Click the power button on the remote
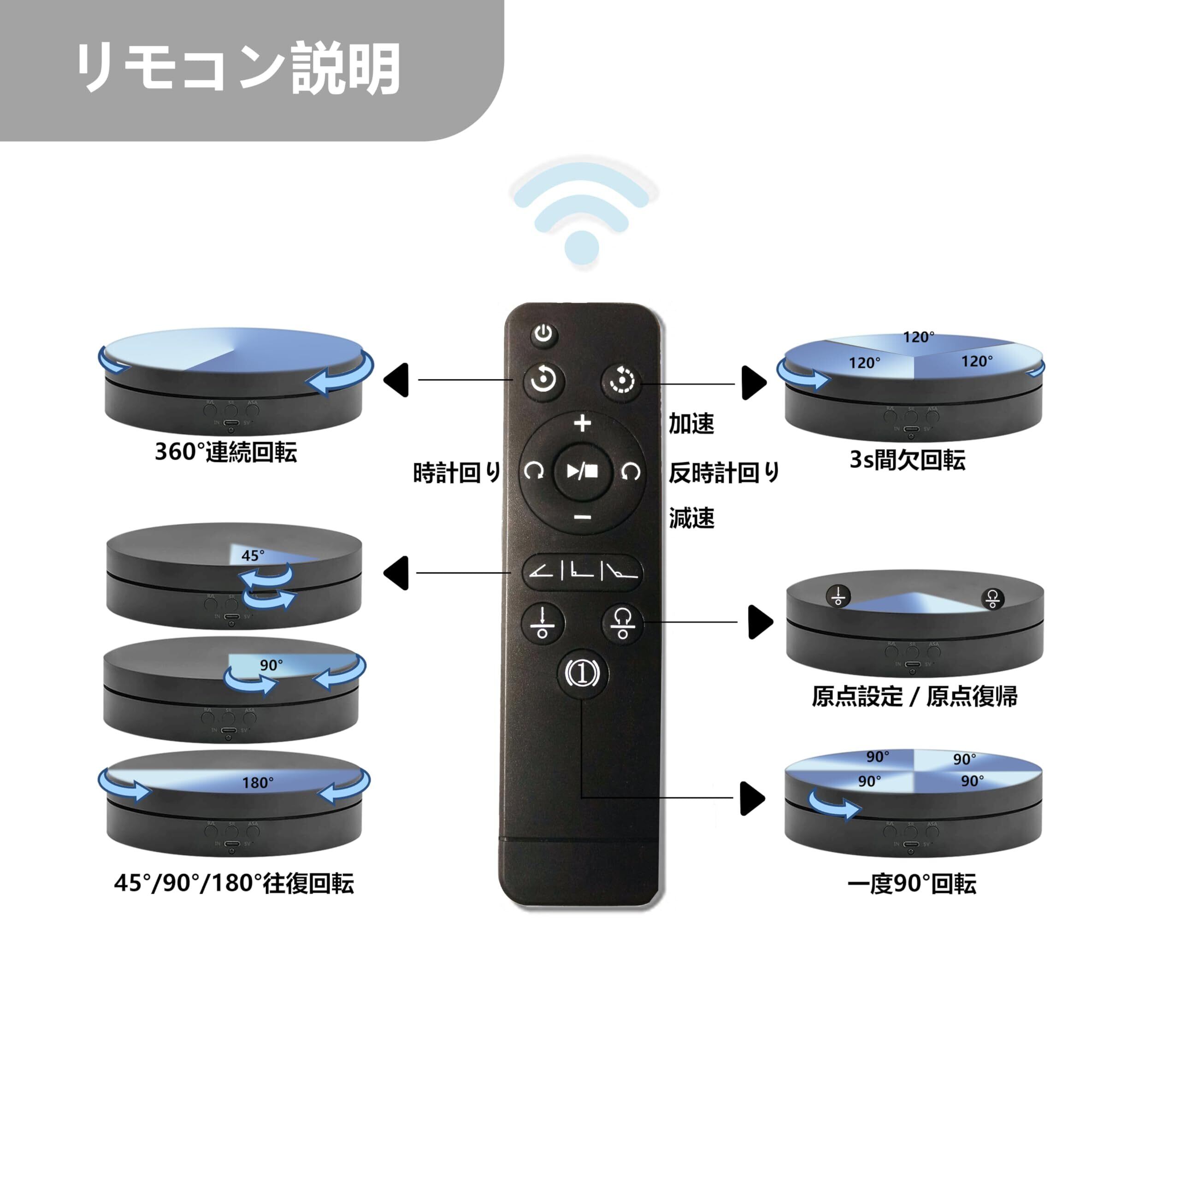coord(543,334)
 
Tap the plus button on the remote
coord(583,423)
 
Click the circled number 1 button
coord(583,673)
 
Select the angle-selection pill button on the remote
coord(582,572)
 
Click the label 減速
coord(691,519)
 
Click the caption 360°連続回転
coord(226,453)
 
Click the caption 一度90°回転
coord(911,884)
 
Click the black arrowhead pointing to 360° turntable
coord(397,380)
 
